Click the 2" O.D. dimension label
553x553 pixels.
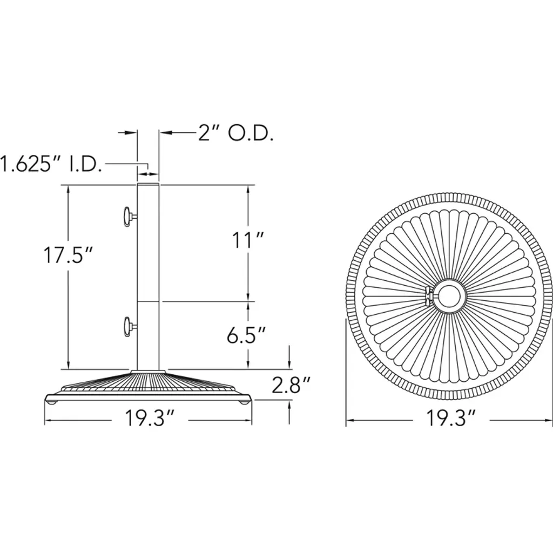point(235,133)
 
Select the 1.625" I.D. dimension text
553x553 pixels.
point(51,164)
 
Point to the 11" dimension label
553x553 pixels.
point(248,240)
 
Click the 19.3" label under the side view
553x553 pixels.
point(150,419)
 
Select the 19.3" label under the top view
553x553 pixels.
point(451,419)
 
